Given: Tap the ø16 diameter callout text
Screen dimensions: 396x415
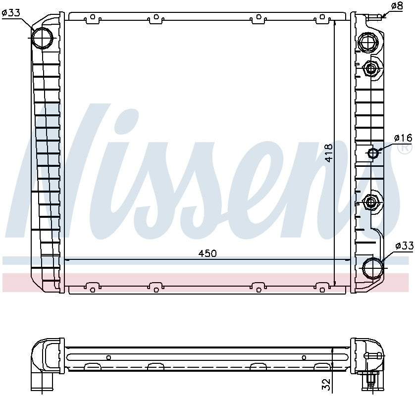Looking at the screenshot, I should point(403,137).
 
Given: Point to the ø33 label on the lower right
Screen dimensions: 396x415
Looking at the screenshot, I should point(404,246).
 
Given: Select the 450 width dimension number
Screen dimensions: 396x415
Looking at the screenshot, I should point(207,253).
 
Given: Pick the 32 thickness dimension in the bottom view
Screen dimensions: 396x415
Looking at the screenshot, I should point(325,384).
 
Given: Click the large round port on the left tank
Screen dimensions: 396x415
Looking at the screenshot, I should point(42,37).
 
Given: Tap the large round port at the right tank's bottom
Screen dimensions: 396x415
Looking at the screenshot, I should point(372,268).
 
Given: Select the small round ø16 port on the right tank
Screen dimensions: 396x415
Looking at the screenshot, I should point(372,153).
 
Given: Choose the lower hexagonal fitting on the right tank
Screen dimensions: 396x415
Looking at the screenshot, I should point(371,201).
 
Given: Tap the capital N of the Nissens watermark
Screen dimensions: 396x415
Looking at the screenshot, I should point(59,163).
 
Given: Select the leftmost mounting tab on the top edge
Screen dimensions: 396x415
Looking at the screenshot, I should point(92,18).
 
